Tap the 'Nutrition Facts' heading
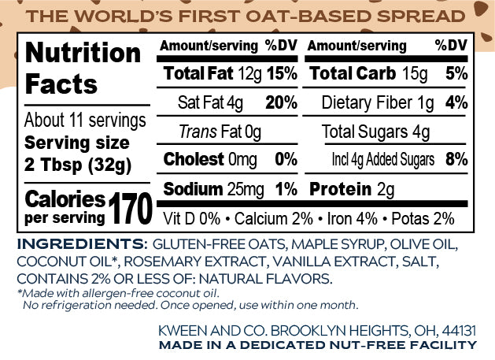click(83, 68)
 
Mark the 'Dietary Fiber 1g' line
click(379, 102)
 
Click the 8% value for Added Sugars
click(456, 160)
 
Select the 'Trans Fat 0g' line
click(220, 132)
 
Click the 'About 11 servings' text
click(85, 121)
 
